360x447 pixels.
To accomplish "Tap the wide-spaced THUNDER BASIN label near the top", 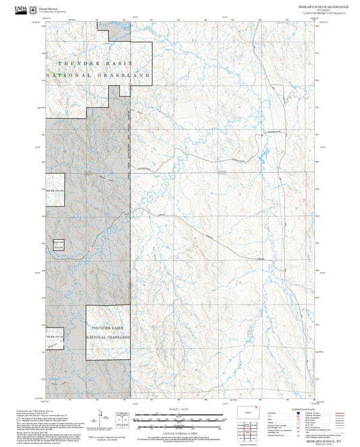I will coord(97,62).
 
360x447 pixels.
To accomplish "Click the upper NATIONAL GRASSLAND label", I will coord(97,76).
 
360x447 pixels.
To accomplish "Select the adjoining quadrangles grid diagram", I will coord(254,429).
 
